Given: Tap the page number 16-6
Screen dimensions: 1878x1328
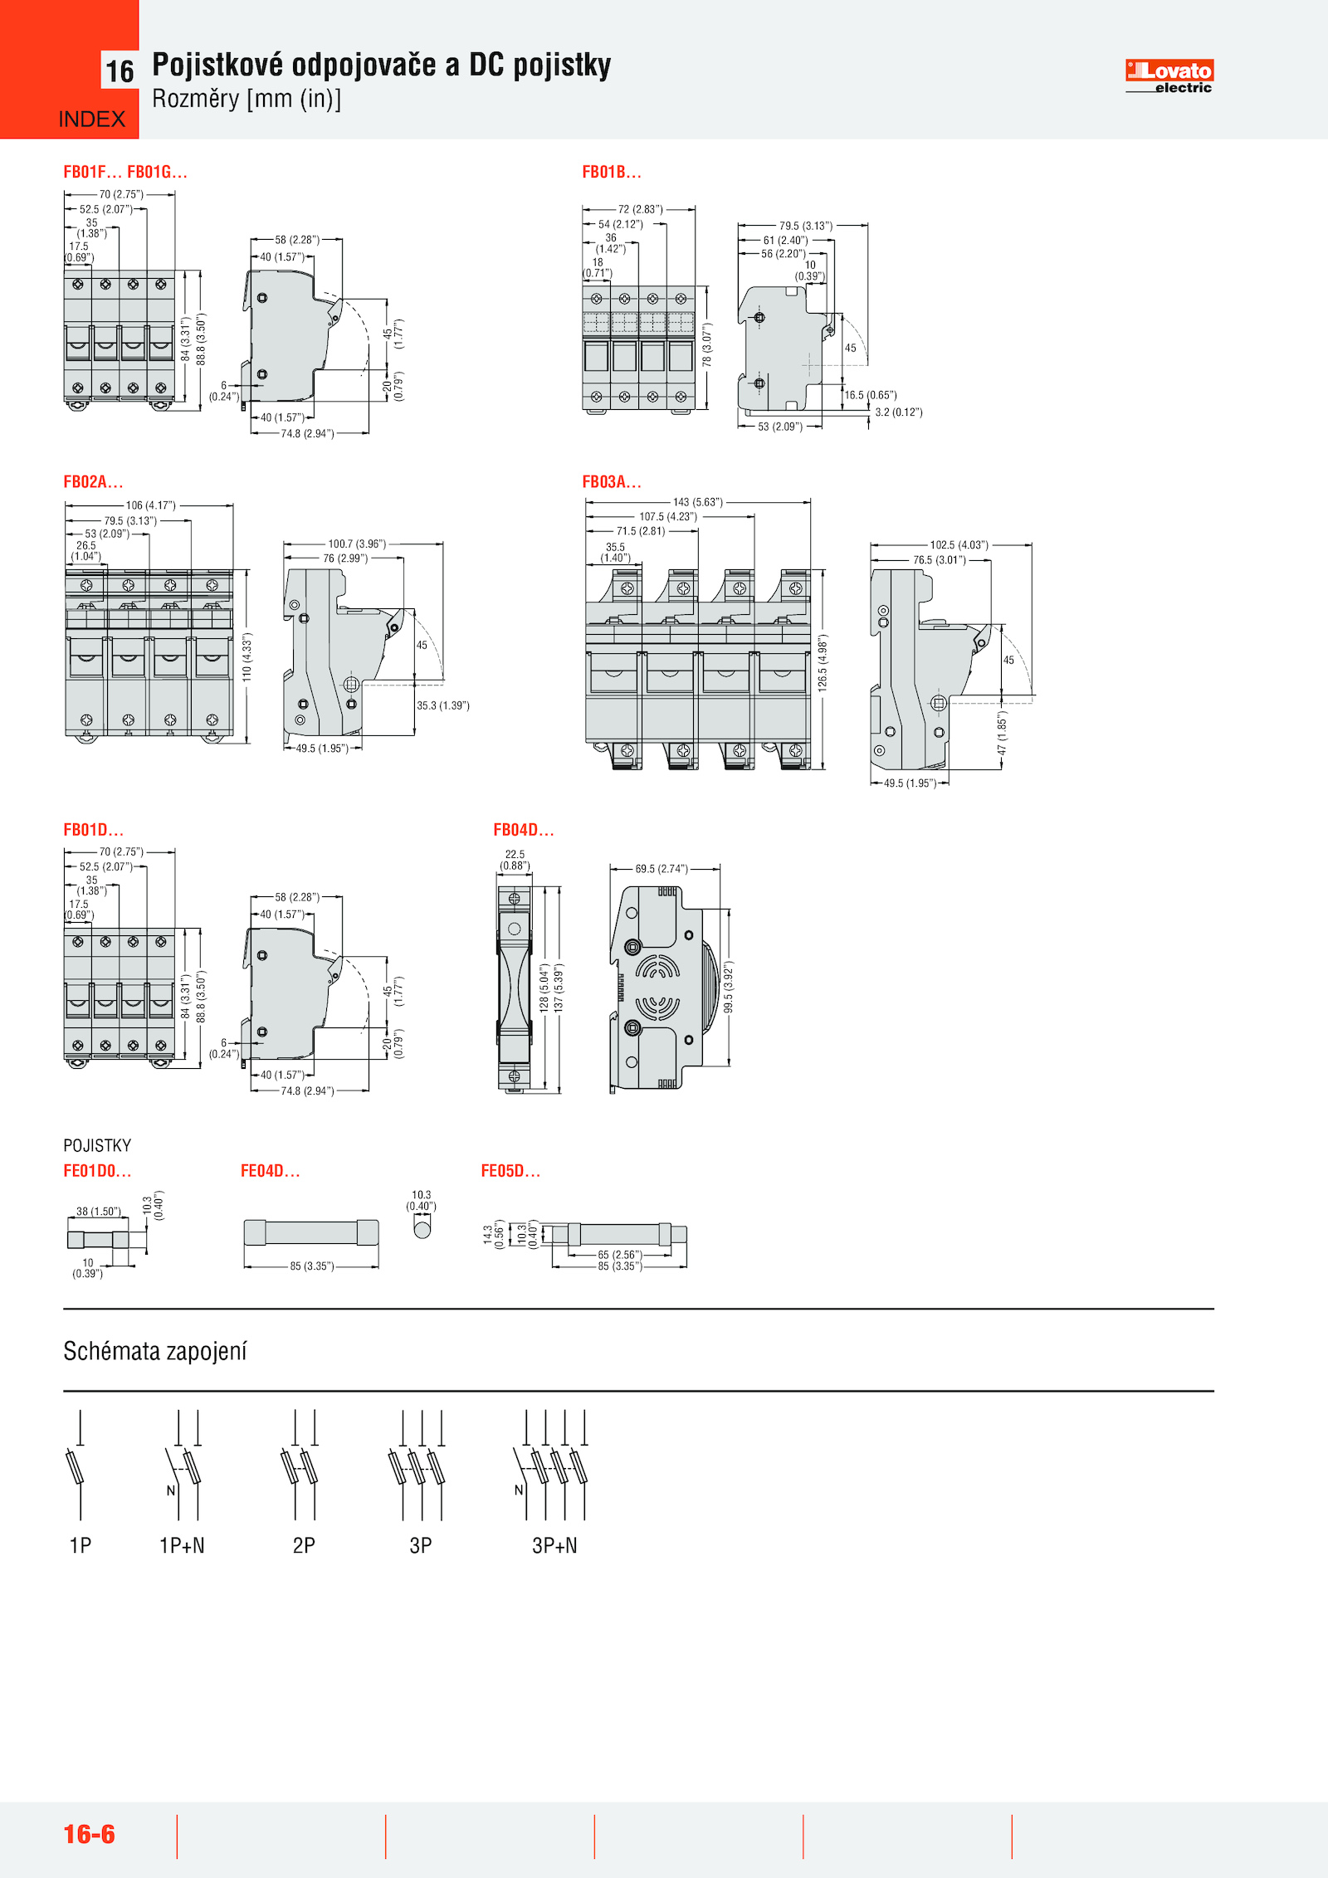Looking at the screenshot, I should pyautogui.click(x=89, y=1833).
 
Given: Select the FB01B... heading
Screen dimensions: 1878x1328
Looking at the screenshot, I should pyautogui.click(x=612, y=172).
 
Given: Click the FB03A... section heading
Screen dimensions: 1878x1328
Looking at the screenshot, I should pyautogui.click(x=612, y=481).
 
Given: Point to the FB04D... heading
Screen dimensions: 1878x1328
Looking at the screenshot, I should pyautogui.click(x=523, y=830).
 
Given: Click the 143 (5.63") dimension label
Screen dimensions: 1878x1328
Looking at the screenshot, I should pyautogui.click(x=697, y=502).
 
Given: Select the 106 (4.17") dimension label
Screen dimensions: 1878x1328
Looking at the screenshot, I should pyautogui.click(x=150, y=505).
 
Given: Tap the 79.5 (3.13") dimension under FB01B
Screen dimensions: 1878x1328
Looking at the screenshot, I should pyautogui.click(x=804, y=226).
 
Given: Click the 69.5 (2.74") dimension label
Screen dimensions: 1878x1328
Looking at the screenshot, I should pyautogui.click(x=661, y=869).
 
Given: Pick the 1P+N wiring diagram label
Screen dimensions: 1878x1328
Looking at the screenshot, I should pyautogui.click(x=182, y=1545).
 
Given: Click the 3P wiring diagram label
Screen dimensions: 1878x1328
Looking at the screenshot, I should pyautogui.click(x=421, y=1545).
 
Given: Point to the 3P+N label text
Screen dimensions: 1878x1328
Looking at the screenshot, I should pyautogui.click(x=554, y=1545).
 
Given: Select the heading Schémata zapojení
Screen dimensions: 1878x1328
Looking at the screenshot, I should pyautogui.click(x=155, y=1351).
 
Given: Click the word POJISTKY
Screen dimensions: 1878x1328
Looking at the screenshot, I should pyautogui.click(x=97, y=1145).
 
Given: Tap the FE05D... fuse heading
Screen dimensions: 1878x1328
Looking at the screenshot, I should pyautogui.click(x=510, y=1171).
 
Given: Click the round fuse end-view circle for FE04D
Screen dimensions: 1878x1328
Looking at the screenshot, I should pyautogui.click(x=422, y=1228).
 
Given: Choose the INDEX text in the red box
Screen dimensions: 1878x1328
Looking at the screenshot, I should pyautogui.click(x=91, y=120).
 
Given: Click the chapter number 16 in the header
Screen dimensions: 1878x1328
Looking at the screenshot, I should pyautogui.click(x=120, y=71).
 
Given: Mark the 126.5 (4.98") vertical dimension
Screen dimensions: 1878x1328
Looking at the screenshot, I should pyautogui.click(x=822, y=664).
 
